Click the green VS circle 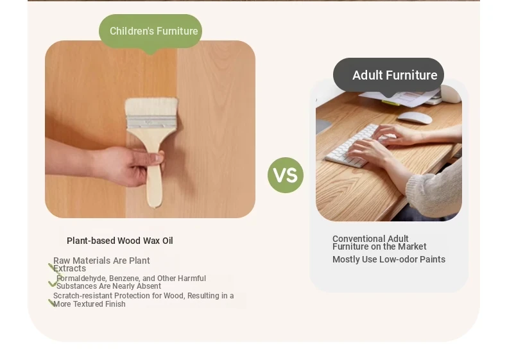[286, 175]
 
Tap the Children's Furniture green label [150, 31]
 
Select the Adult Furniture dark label [388, 75]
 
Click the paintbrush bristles [151, 107]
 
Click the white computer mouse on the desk [415, 117]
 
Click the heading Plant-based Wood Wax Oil [119, 241]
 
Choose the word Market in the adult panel [412, 246]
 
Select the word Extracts [69, 268]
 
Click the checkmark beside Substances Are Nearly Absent [53, 284]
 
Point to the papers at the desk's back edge [401, 97]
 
